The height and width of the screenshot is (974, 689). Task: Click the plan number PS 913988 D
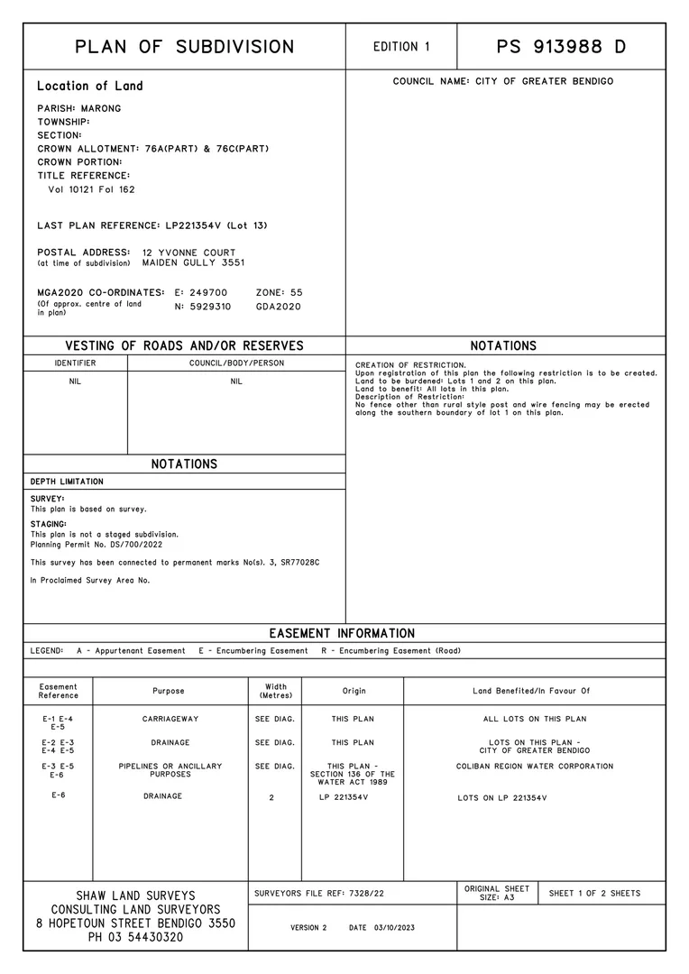(x=561, y=47)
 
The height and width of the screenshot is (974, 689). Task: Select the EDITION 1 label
(x=401, y=47)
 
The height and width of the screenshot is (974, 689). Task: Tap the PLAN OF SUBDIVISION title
(x=184, y=47)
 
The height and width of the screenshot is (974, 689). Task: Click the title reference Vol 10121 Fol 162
(x=91, y=189)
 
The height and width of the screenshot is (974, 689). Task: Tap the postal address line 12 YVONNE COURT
(x=188, y=253)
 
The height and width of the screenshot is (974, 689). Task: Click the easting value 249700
(x=207, y=293)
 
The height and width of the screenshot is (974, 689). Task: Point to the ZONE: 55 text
(x=280, y=293)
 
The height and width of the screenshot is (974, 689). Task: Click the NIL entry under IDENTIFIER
(x=75, y=381)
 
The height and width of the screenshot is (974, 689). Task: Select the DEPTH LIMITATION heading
(x=67, y=482)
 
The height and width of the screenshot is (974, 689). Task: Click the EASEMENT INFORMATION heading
(x=342, y=633)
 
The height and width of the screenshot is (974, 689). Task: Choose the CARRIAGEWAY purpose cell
(x=170, y=719)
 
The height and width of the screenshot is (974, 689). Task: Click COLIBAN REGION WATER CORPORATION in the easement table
(x=534, y=767)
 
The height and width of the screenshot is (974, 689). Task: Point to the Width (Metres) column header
(x=275, y=691)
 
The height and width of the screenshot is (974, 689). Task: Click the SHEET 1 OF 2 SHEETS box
(x=594, y=893)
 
